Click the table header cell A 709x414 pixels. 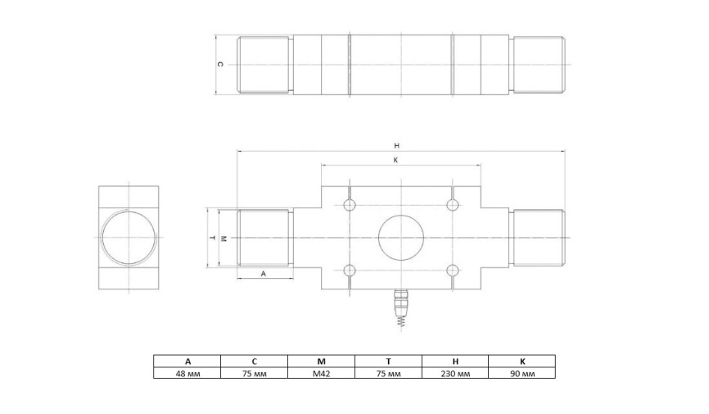point(187,361)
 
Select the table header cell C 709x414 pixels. point(254,361)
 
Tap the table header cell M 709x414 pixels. point(321,361)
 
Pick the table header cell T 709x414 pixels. point(388,361)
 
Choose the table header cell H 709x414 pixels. point(455,361)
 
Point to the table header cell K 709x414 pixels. point(522,361)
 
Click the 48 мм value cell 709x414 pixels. point(187,373)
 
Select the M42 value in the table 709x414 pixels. point(321,373)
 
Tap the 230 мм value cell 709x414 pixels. point(455,373)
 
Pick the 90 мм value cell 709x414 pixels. point(522,373)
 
